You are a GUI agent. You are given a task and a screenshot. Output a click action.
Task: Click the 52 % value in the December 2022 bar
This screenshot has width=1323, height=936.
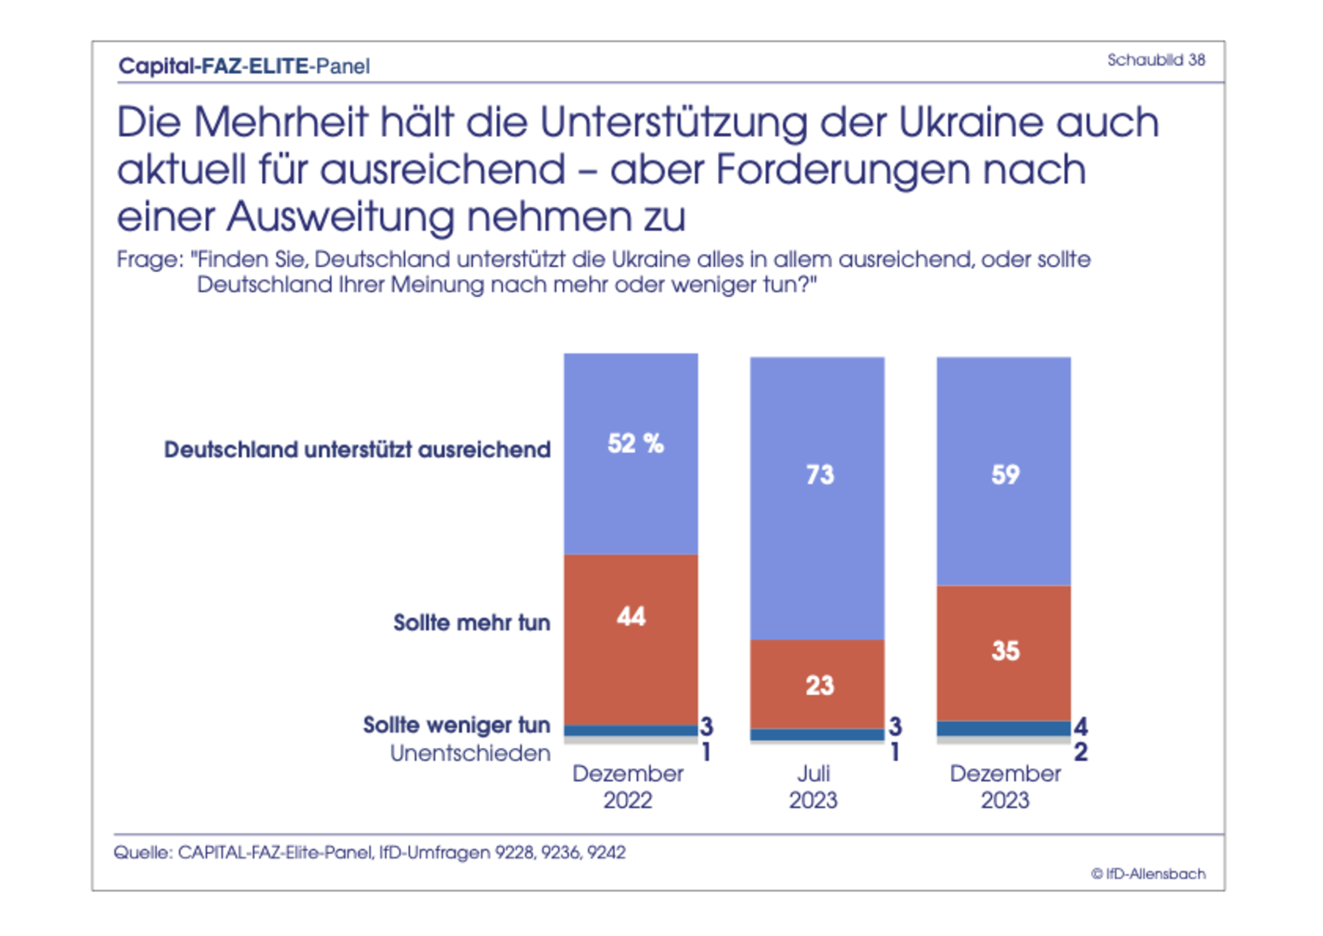click(x=635, y=443)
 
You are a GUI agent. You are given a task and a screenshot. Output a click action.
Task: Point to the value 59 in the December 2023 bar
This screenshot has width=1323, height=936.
click(x=1005, y=475)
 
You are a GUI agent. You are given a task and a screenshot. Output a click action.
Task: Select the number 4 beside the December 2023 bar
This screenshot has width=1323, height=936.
click(x=1081, y=727)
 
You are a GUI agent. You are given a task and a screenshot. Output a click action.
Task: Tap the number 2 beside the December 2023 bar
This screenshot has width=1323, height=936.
click(x=1081, y=752)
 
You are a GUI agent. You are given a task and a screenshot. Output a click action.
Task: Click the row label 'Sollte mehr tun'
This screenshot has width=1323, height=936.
click(x=472, y=622)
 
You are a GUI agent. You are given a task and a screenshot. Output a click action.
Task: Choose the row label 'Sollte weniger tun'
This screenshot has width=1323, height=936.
click(x=456, y=725)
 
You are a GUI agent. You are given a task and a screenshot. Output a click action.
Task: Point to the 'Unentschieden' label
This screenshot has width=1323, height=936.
click(x=470, y=753)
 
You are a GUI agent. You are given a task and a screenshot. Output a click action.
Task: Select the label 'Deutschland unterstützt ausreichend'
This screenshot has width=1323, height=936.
click(x=357, y=449)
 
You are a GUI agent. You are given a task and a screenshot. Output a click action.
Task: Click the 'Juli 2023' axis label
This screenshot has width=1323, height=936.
click(x=813, y=787)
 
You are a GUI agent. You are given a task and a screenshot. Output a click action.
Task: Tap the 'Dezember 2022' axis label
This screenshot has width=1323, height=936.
click(x=628, y=787)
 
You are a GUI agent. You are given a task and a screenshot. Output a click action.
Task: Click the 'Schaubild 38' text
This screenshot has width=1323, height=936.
click(x=1156, y=60)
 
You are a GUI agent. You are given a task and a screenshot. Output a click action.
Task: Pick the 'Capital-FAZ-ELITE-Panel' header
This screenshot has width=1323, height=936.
click(x=244, y=66)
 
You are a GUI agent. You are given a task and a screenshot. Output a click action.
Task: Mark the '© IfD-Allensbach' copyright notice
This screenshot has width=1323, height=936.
click(x=1148, y=874)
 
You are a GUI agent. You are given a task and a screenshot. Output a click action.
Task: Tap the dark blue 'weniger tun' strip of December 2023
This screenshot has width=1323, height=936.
click(x=1003, y=729)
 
